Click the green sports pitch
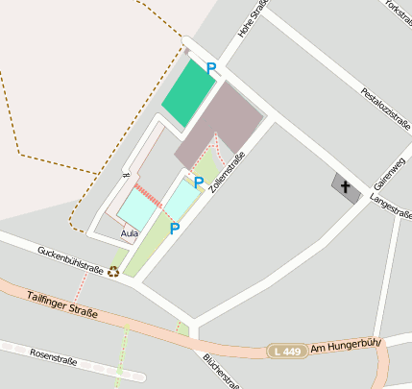187,93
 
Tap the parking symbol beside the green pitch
211,68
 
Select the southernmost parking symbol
175,229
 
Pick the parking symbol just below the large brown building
199,182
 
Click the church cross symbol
346,185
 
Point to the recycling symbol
113,272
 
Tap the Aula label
129,233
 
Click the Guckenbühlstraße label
70,260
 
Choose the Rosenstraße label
53,359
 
